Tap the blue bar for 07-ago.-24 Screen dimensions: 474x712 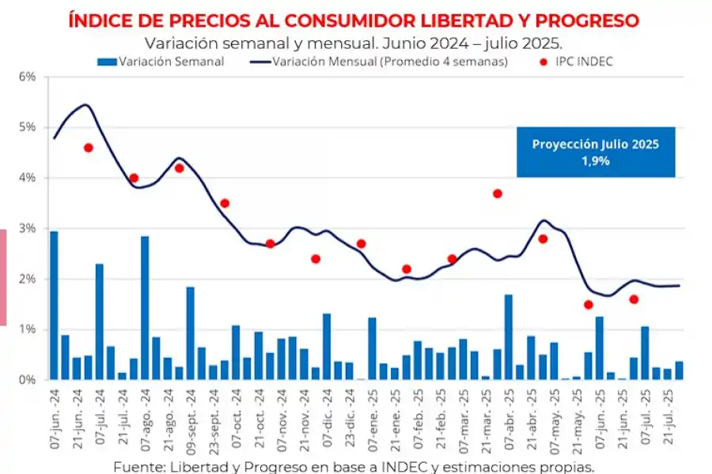pyautogui.click(x=145, y=308)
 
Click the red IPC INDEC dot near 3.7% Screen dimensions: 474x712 pyautogui.click(x=498, y=194)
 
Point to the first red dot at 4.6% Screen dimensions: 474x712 pyautogui.click(x=89, y=148)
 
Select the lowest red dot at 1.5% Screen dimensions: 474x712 pyautogui.click(x=589, y=305)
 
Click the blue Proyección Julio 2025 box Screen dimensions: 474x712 pyautogui.click(x=596, y=152)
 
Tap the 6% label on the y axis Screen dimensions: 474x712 pyautogui.click(x=28, y=77)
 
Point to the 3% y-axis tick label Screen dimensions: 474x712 pyautogui.click(x=28, y=228)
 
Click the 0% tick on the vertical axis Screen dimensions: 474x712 pyautogui.click(x=28, y=380)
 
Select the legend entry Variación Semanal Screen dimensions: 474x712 pyautogui.click(x=161, y=62)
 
